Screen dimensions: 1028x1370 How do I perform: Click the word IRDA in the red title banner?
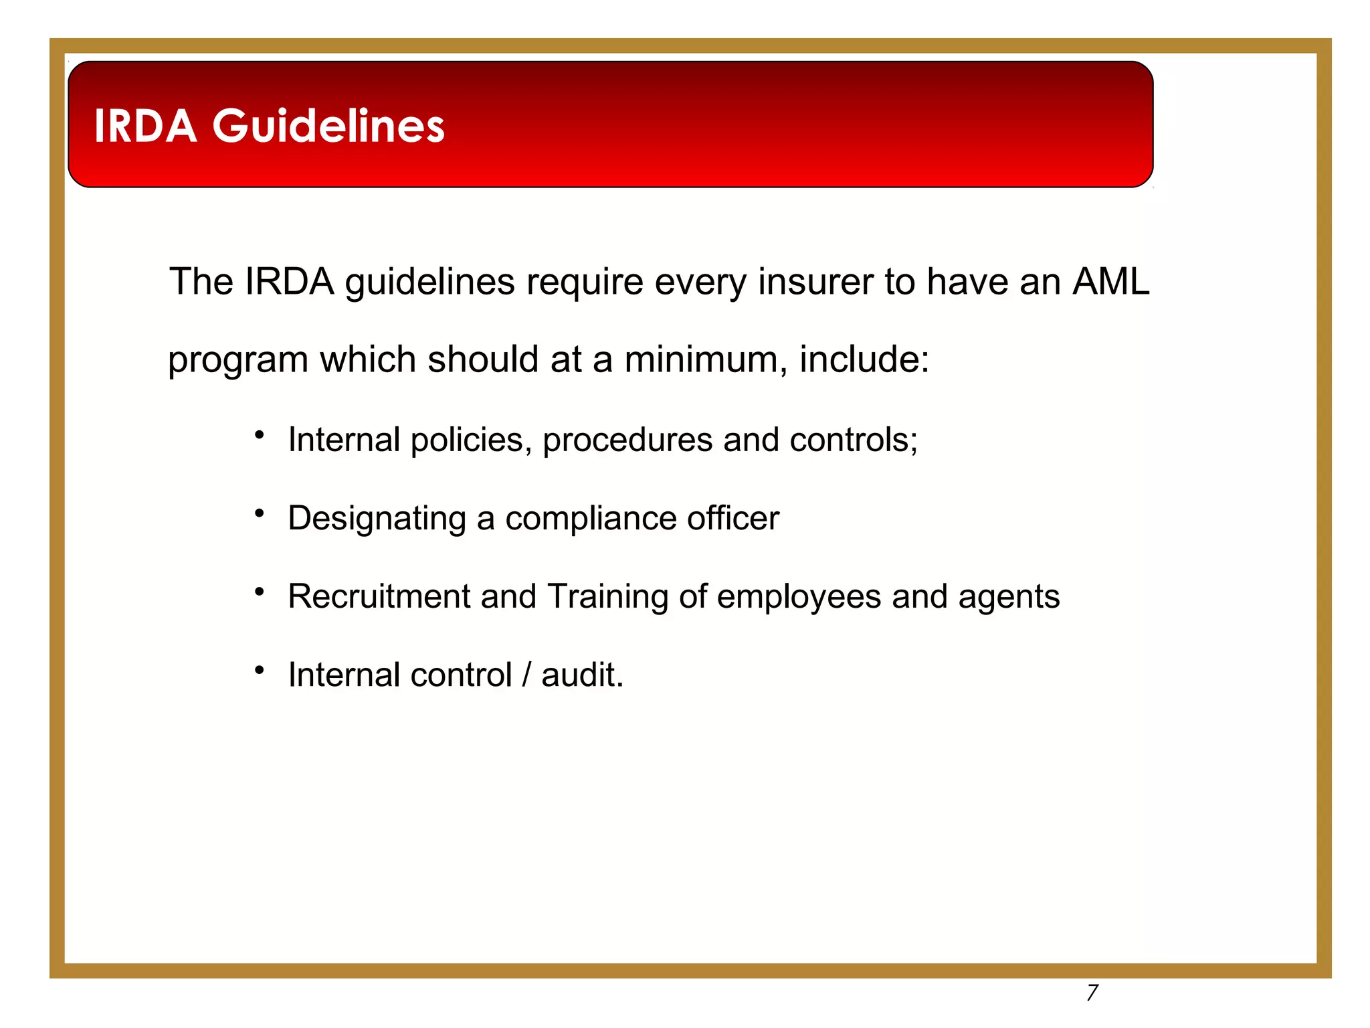click(145, 126)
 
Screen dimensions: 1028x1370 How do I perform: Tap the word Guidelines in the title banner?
click(328, 126)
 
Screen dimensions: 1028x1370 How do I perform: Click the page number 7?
click(1092, 993)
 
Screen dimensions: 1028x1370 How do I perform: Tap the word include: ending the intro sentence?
click(864, 359)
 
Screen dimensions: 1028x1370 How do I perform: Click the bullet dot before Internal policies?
click(260, 436)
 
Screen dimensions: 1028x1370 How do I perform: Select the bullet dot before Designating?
click(260, 514)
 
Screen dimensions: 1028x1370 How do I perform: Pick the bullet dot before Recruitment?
click(260, 592)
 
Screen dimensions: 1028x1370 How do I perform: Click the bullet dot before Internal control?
click(260, 670)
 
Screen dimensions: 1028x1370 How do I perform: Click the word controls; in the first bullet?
click(854, 440)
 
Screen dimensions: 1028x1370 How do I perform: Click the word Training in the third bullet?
click(607, 597)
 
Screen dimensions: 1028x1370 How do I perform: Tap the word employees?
click(799, 597)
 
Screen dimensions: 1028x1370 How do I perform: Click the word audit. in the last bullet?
click(582, 675)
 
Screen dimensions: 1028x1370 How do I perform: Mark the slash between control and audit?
click(526, 675)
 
